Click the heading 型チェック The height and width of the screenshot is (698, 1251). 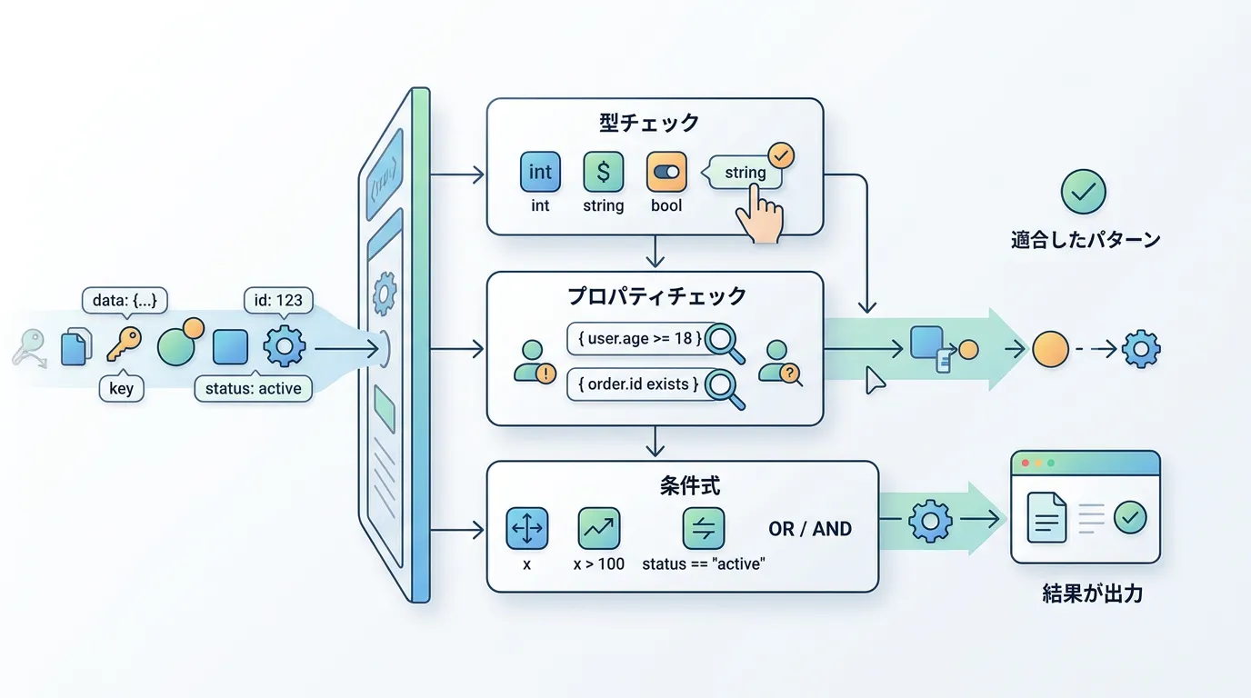(x=649, y=122)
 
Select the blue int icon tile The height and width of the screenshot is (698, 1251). (x=540, y=172)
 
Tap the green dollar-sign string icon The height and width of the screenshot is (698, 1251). (x=603, y=172)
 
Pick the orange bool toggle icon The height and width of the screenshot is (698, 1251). (x=666, y=172)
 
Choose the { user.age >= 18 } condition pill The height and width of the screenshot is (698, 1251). (x=636, y=338)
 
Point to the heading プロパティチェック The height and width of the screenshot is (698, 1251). (x=656, y=295)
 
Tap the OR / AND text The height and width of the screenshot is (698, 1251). (x=810, y=529)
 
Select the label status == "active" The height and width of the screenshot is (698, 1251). (x=704, y=563)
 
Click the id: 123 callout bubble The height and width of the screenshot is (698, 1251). (x=279, y=300)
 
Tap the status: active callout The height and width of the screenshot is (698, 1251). (x=254, y=389)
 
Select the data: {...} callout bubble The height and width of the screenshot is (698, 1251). (x=125, y=300)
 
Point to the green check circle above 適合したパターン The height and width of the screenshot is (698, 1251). (x=1084, y=192)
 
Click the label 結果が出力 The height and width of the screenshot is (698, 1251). (x=1092, y=594)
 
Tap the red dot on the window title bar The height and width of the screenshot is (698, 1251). (x=1026, y=464)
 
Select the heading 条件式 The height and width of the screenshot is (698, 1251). (x=683, y=486)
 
